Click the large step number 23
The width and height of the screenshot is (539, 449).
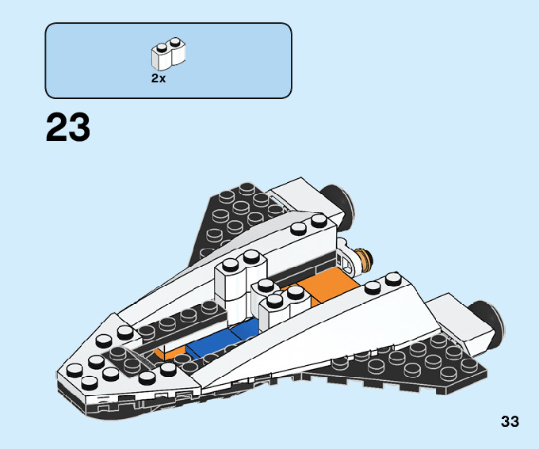(68, 127)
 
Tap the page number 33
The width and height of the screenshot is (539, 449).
(510, 422)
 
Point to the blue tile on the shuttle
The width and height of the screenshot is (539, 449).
(224, 340)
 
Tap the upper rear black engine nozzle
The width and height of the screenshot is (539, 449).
(339, 204)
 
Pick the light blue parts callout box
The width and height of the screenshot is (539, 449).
(168, 60)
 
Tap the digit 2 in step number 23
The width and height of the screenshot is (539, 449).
(56, 127)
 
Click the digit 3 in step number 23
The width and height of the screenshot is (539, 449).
(80, 127)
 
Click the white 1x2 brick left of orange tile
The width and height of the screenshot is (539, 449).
(236, 281)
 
